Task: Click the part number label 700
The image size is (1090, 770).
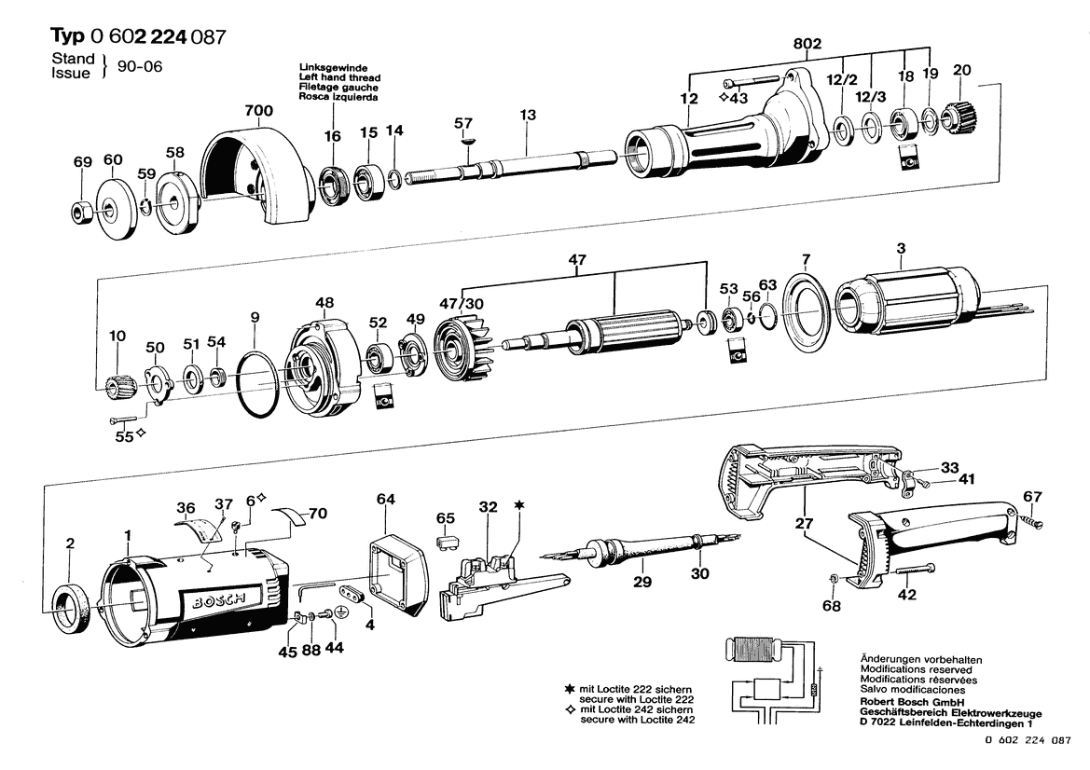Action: pyautogui.click(x=258, y=111)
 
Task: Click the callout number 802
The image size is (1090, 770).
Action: pyautogui.click(x=807, y=43)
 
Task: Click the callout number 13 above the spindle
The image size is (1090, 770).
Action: pyautogui.click(x=528, y=115)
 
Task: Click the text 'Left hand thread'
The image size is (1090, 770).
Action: pyautogui.click(x=339, y=77)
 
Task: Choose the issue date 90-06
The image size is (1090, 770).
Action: pyautogui.click(x=140, y=67)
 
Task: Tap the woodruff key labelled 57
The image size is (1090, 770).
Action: pyautogui.click(x=465, y=140)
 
